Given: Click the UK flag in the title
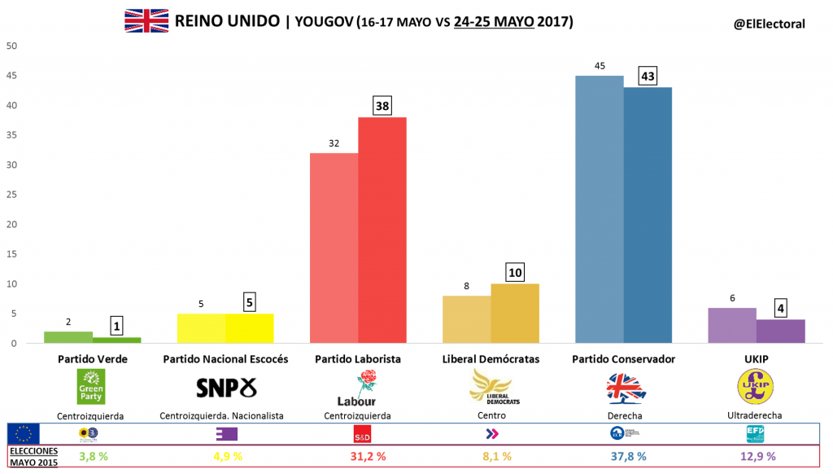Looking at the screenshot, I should point(146,21).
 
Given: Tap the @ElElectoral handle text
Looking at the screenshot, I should point(769,24).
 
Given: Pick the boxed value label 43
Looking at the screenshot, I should point(648,75).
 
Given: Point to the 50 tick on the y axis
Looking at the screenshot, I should point(12,46).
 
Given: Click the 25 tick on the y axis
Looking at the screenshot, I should point(12,195).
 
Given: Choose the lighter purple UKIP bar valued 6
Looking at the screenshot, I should point(731,326).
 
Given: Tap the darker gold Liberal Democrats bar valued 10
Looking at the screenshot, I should point(515,314).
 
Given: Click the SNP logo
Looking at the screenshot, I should point(226,387).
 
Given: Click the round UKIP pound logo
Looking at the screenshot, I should point(756,387).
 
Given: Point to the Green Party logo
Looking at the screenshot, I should point(91,386).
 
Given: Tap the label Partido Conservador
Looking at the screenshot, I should point(623,358).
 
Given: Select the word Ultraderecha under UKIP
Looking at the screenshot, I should point(756,415).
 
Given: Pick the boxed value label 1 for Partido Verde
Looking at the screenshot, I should point(117,327).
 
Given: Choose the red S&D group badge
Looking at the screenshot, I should point(364,433).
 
